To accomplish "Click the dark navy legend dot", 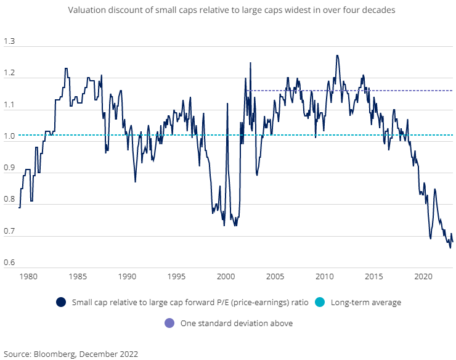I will tap(60, 302).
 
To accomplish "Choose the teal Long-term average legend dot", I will tap(319, 302).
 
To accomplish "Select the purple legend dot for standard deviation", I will tap(169, 322).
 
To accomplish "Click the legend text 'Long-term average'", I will tap(366, 302).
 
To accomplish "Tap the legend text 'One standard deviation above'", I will tap(236, 322).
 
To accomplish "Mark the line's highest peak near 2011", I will tap(336, 55).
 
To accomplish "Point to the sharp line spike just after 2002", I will tap(250, 63).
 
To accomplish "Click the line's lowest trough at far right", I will tap(450, 247).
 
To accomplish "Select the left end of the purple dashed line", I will tap(246, 91).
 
